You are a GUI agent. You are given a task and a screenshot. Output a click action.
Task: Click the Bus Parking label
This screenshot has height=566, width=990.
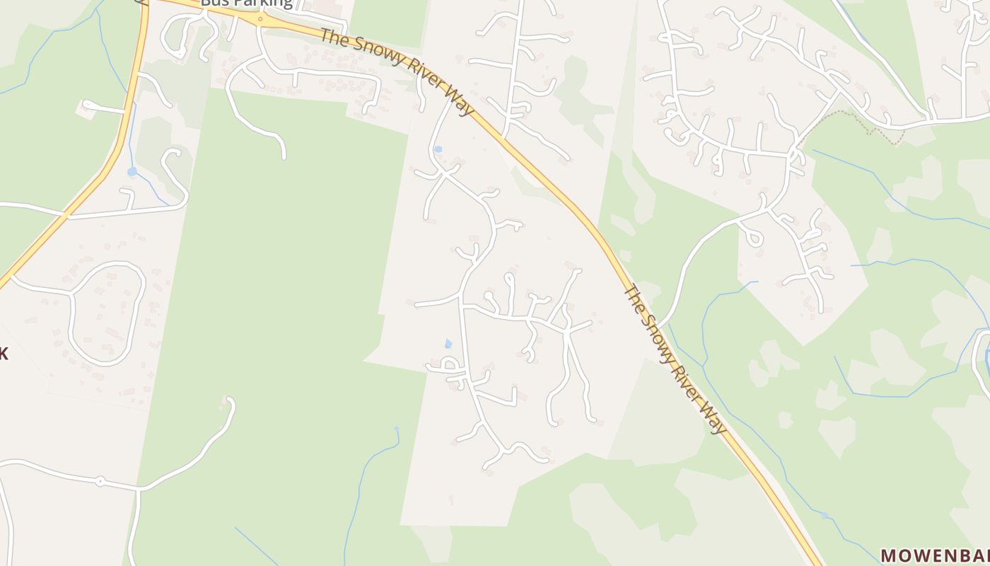click(246, 3)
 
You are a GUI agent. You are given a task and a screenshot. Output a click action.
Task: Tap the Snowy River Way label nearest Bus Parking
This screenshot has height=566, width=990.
click(397, 70)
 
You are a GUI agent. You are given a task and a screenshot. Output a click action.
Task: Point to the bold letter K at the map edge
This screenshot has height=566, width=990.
click(4, 354)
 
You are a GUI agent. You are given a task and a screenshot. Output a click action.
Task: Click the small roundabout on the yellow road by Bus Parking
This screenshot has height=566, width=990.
click(260, 19)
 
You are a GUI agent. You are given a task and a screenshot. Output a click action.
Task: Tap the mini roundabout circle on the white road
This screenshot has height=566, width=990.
click(100, 481)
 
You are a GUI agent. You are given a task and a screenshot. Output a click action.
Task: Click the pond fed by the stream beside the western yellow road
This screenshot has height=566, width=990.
click(132, 172)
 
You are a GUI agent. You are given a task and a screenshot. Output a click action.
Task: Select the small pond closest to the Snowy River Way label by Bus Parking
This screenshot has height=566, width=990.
click(438, 149)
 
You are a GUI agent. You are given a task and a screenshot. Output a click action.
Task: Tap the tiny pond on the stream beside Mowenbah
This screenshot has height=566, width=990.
click(824, 514)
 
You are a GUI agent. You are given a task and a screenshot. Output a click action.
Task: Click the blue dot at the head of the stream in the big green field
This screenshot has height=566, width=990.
click(396, 428)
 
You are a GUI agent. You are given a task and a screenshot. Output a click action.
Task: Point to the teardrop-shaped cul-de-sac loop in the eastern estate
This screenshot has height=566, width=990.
click(754, 236)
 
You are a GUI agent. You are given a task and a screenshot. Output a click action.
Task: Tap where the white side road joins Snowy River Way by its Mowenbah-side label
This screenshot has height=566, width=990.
click(659, 326)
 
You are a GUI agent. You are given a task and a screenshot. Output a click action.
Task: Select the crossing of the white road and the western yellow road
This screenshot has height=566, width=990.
click(66, 214)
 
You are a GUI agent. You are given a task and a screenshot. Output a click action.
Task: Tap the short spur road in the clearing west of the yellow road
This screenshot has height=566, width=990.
click(103, 108)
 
